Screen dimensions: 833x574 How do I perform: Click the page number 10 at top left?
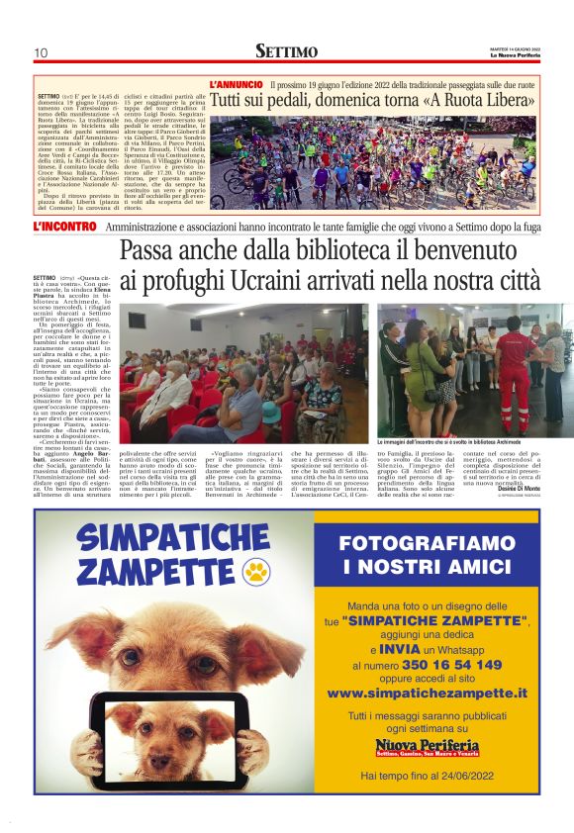coord(42,52)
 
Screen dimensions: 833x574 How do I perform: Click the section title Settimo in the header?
coord(286,50)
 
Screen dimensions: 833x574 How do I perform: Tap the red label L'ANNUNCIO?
coord(237,85)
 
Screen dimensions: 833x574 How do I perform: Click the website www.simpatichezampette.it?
coord(428,694)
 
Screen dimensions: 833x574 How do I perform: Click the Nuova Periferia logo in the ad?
coord(428,748)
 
